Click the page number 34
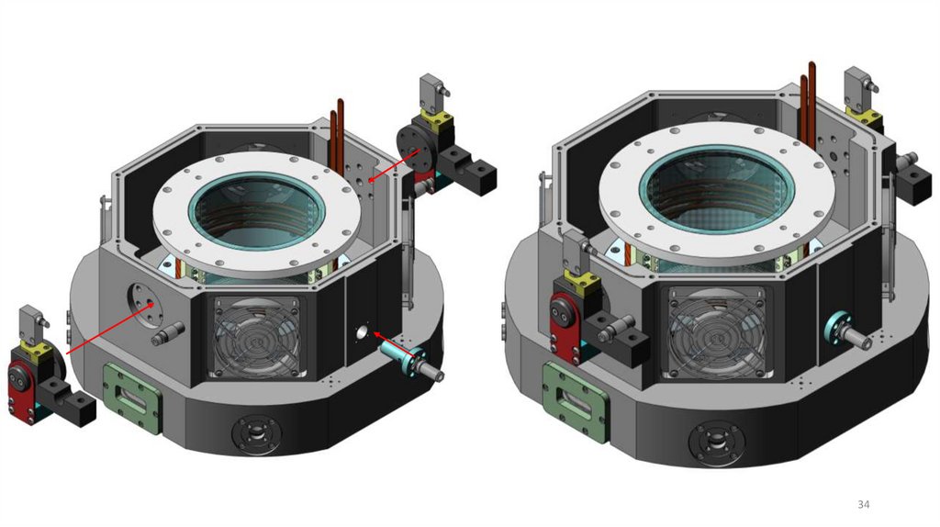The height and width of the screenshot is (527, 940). pyautogui.click(x=863, y=505)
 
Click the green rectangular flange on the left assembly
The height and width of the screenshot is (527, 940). pyautogui.click(x=132, y=398)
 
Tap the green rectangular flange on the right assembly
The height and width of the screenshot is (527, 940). pyautogui.click(x=576, y=403)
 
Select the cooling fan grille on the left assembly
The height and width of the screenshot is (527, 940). pyautogui.click(x=256, y=337)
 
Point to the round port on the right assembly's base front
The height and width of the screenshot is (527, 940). pyautogui.click(x=717, y=443)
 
